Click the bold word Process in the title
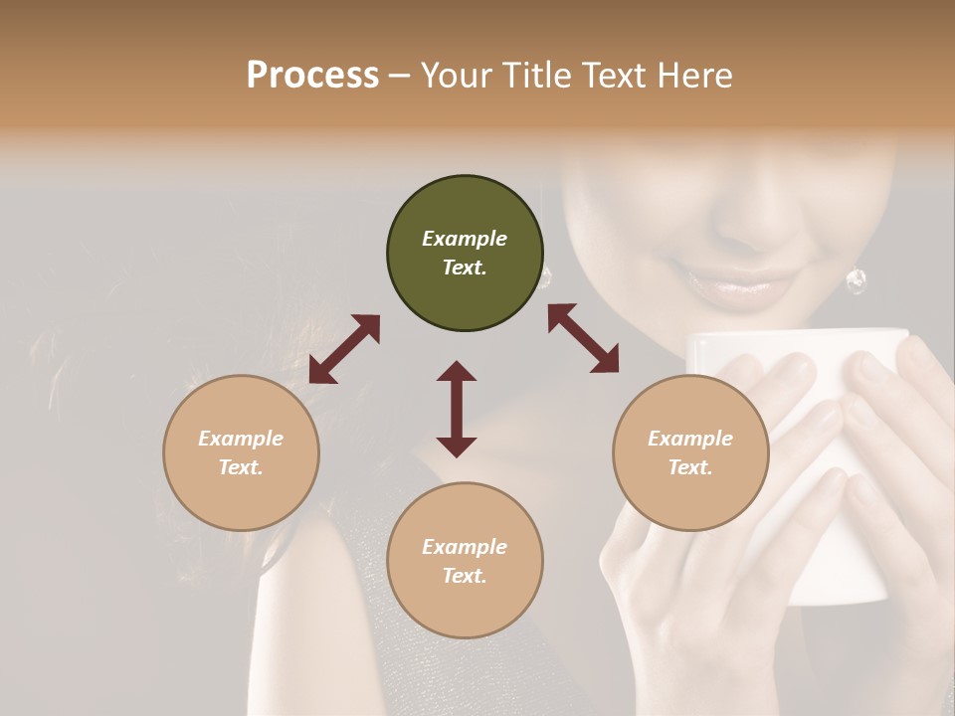click(312, 76)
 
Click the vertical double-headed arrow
click(457, 409)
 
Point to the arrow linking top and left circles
click(344, 349)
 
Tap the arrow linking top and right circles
click(583, 338)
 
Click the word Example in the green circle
click(465, 239)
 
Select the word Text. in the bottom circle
click(465, 576)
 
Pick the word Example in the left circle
click(241, 439)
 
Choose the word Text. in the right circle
click(690, 467)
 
